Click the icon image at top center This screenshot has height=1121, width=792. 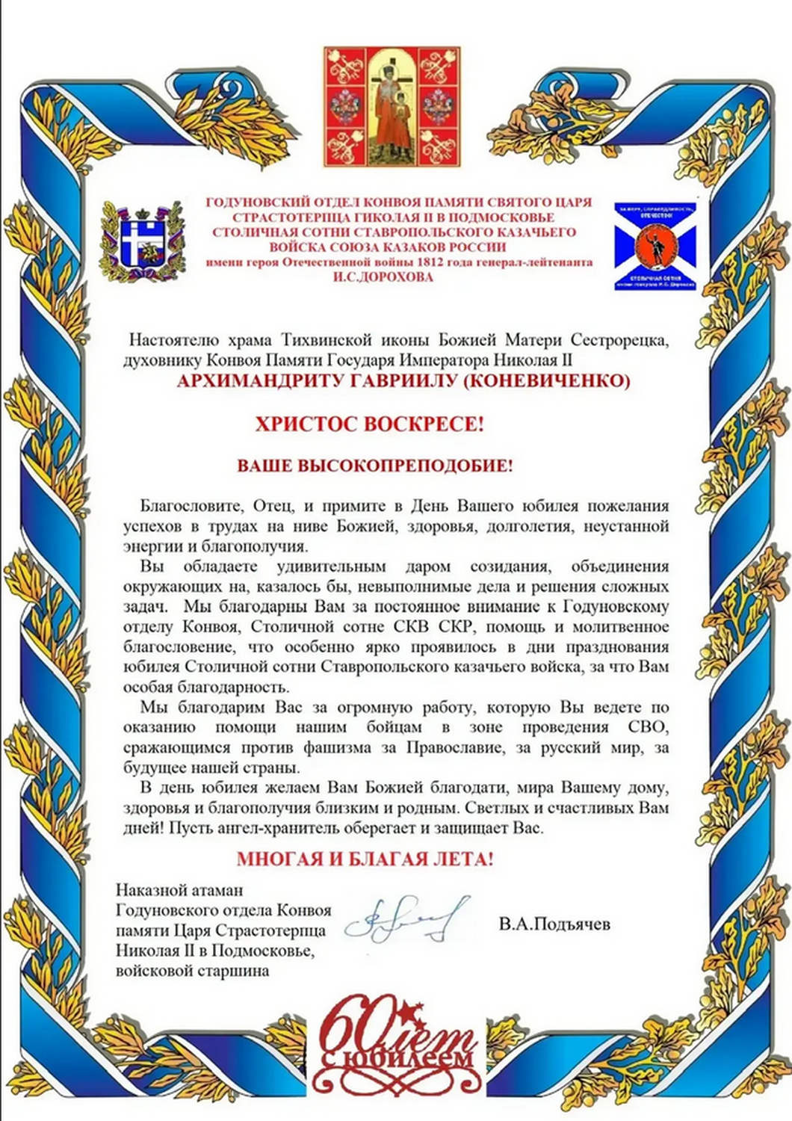pos(392,107)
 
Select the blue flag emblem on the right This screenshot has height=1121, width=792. pos(655,246)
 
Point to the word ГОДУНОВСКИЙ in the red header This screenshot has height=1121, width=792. pos(250,203)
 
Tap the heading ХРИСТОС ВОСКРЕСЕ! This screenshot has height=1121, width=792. pos(370,424)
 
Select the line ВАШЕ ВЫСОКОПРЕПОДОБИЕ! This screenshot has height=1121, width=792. pos(375,466)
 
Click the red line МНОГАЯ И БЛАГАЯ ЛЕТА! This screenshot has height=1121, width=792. pos(365,859)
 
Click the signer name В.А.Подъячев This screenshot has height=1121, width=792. pos(554,924)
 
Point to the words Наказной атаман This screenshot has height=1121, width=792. pos(179,890)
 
